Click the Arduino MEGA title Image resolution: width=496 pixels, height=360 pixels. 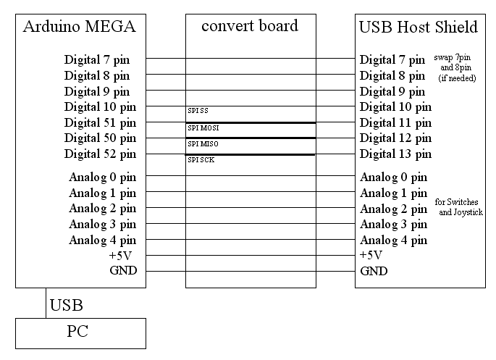80,26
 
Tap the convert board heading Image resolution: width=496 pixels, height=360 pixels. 250,25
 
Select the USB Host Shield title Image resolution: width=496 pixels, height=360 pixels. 419,27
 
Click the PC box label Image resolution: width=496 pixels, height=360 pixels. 77,331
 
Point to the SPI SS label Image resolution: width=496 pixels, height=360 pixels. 198,110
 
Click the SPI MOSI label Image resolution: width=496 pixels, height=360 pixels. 203,127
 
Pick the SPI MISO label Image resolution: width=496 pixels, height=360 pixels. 203,144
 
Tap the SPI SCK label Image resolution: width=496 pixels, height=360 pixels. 201,160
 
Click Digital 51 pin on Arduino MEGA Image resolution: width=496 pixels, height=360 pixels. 100,122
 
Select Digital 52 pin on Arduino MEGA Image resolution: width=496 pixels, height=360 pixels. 100,154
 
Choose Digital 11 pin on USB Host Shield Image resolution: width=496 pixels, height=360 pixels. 396,122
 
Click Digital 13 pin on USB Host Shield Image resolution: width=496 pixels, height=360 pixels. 396,154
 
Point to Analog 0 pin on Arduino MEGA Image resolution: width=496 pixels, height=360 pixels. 103,177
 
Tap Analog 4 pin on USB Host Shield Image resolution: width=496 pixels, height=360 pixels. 394,240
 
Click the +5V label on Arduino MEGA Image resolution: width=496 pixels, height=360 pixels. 120,255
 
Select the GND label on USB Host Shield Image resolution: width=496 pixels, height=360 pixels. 374,271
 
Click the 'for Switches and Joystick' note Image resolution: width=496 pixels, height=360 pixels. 459,207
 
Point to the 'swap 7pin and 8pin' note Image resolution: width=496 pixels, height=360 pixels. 455,67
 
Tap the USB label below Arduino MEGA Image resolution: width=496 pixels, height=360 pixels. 67,305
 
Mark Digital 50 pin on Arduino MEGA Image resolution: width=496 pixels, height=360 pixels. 100,138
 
